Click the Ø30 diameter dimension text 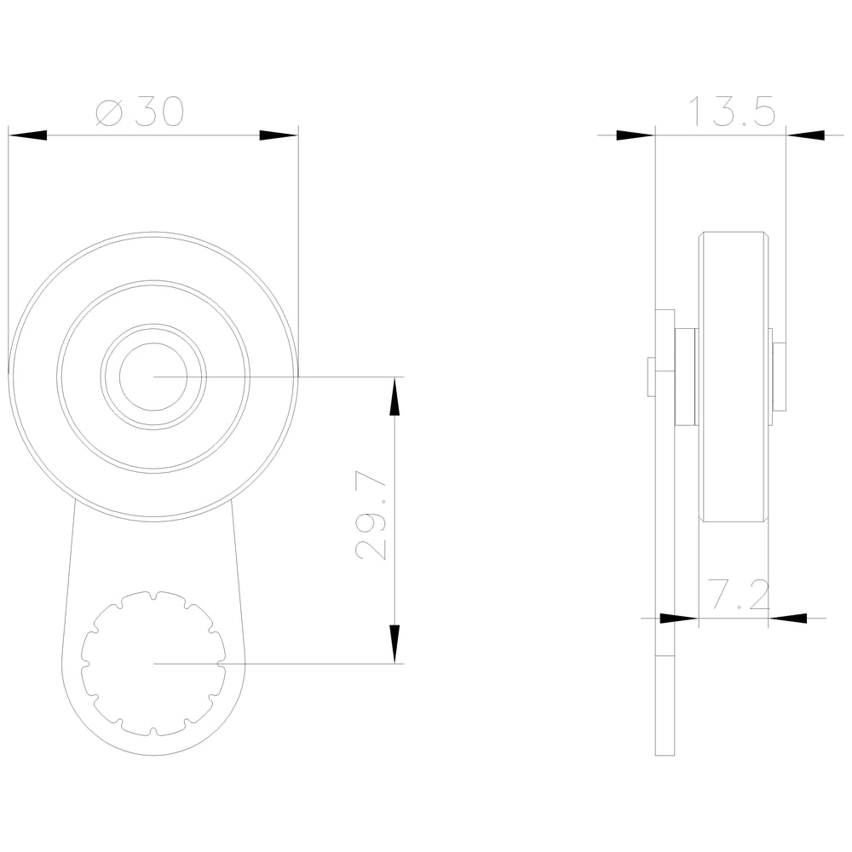pos(141,112)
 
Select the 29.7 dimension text pos(371,515)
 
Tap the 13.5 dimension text pos(732,112)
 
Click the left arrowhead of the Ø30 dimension pos(27,135)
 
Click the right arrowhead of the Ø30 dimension pos(279,135)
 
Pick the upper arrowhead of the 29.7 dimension pos(395,396)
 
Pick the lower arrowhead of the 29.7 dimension pos(395,644)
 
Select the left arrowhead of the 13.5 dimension pos(636,135)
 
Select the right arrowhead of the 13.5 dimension pos(805,135)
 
